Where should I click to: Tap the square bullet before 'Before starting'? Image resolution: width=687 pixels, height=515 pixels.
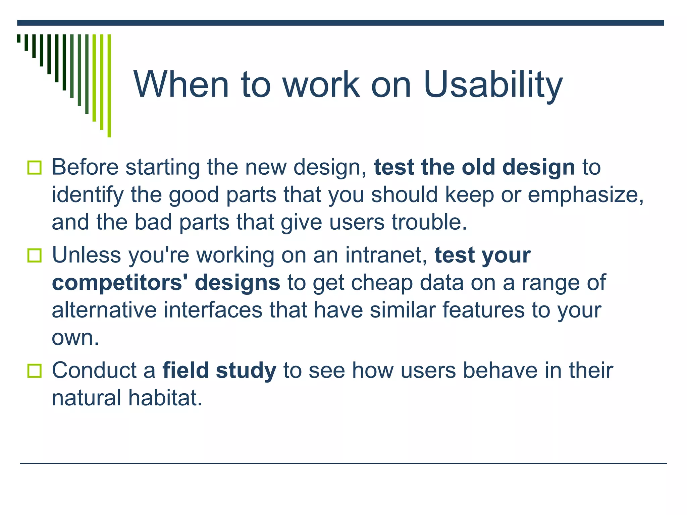click(34, 168)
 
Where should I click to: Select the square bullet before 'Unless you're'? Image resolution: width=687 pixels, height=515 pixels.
click(34, 255)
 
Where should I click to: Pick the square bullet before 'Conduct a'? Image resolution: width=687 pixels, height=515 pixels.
click(34, 371)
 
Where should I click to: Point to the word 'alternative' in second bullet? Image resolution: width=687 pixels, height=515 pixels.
click(104, 310)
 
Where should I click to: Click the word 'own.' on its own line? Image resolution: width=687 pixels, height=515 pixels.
click(75, 338)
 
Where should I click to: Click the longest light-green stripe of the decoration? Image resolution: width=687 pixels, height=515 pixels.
click(109, 85)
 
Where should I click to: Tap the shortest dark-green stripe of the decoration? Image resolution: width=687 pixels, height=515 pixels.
click(19, 38)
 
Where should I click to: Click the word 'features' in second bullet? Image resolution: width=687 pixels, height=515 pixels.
click(483, 310)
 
